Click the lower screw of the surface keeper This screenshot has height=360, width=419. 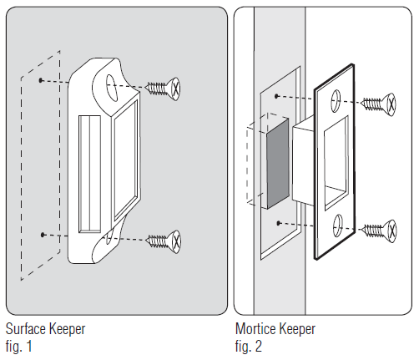point(164,241)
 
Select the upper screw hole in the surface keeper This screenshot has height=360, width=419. point(112,88)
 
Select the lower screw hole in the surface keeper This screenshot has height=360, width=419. point(109,237)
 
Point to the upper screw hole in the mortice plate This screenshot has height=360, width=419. point(336,101)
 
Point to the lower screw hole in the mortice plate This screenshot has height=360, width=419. point(337,226)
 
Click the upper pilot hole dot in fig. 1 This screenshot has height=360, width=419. point(41,80)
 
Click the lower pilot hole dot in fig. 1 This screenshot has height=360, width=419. point(43,235)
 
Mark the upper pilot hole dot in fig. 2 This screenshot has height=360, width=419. point(276,96)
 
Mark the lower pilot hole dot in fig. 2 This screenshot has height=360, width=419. point(278,223)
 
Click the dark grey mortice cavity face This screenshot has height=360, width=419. point(278,164)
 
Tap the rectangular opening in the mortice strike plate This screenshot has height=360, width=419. point(336,163)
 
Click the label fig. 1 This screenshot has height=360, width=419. point(18,347)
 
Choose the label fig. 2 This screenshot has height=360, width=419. point(249,347)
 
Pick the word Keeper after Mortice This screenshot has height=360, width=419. point(295,329)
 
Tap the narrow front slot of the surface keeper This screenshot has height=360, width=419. point(89,175)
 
